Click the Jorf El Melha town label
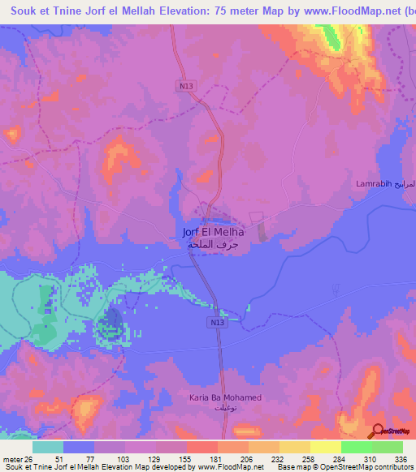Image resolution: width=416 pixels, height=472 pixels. tap(214, 232)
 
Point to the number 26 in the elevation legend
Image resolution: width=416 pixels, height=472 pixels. tap(29, 458)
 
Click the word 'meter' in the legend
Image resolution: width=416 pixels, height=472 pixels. tap(11, 458)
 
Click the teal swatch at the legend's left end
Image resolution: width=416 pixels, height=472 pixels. tap(48, 447)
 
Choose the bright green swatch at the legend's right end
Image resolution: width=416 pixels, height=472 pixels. tap(387, 447)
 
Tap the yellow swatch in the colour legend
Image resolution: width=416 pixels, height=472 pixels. tap(294, 447)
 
